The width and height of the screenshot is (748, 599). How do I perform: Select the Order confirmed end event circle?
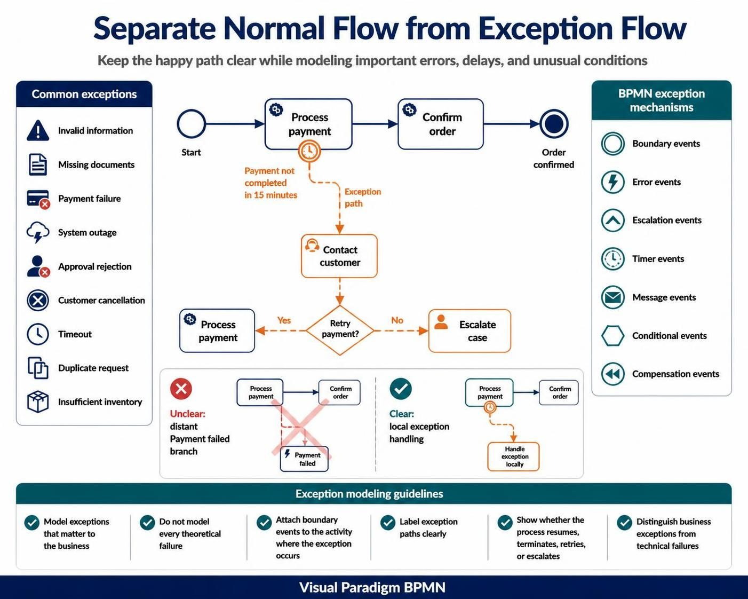pos(554,124)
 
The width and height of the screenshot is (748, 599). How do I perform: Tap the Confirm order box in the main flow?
pos(441,124)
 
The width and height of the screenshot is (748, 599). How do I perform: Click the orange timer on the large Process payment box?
pos(309,151)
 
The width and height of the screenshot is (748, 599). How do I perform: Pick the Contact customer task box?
pos(339,256)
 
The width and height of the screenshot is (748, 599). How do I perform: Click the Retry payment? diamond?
pos(340,330)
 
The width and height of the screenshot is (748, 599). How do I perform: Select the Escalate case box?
pos(470,331)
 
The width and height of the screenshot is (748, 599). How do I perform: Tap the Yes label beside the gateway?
pos(284,320)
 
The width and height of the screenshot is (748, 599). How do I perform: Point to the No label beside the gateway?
pos(397,320)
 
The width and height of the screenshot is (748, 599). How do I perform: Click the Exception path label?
pos(363,198)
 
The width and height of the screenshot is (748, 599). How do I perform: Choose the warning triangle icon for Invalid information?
pos(38,130)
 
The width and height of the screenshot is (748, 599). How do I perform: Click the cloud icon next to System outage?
pos(38,232)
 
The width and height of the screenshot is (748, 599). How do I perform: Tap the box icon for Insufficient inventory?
pos(38,402)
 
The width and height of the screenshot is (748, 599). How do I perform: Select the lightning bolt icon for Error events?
pos(613,182)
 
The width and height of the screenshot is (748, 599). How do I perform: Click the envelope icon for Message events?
pos(613,297)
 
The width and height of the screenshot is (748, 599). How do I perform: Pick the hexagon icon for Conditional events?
pos(613,336)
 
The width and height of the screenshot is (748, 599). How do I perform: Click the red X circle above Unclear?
pos(181,389)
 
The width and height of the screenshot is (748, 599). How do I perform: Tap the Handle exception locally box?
pos(513,456)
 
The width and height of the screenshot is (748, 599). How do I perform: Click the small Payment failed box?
pos(304,459)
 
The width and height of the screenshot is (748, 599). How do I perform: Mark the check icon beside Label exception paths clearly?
pos(388,523)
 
